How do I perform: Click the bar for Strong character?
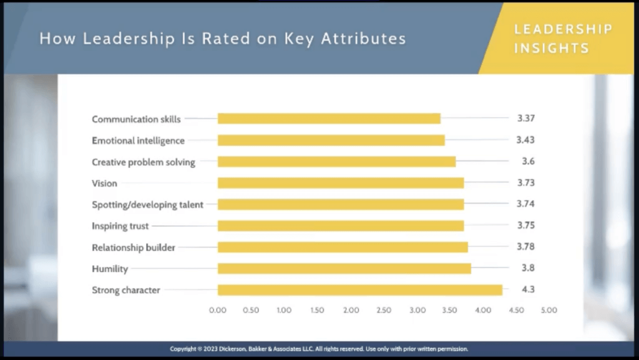[360, 289]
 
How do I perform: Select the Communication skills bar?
[329, 119]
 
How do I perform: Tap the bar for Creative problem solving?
[336, 162]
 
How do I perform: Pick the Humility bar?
[344, 268]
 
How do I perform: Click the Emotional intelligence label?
[138, 140]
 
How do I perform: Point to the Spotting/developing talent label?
[147, 204]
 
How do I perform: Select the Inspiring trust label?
[120, 226]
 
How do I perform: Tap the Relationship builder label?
[134, 247]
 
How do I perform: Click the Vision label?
[104, 183]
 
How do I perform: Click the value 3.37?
[526, 119]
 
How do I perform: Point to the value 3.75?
[526, 226]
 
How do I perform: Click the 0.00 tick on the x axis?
[218, 309]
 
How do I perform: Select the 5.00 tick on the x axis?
[549, 309]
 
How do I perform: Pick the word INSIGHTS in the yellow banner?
[551, 48]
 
